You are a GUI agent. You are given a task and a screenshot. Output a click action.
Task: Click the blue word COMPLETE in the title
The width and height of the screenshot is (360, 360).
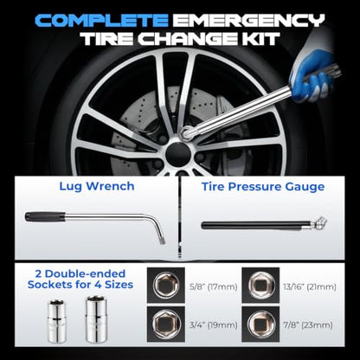[x=101, y=21]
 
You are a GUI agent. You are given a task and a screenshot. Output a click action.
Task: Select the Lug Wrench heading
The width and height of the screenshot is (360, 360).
[x=97, y=186]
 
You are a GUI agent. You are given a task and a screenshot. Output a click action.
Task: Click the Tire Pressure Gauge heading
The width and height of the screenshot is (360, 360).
[x=263, y=187]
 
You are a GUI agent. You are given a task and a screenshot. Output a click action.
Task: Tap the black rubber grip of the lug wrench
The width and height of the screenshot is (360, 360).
[x=45, y=216]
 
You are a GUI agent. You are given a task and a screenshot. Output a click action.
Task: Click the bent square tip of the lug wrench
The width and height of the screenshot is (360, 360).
[x=162, y=240]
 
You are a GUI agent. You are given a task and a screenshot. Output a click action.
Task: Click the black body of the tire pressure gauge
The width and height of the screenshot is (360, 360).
[x=251, y=225]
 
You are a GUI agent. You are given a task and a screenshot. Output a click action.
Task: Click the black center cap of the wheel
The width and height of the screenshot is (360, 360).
[x=178, y=154]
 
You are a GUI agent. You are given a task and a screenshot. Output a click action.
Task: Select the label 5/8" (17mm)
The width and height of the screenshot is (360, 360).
[x=214, y=287]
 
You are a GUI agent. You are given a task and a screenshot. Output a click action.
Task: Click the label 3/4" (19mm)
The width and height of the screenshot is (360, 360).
[x=214, y=325]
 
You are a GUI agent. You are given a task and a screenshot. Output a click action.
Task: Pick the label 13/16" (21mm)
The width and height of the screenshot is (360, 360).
[x=310, y=287]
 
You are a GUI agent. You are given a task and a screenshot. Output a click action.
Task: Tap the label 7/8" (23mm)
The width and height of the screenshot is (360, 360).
[x=308, y=325]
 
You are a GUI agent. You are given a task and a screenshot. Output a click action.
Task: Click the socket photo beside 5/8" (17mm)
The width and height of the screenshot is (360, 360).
[x=166, y=286]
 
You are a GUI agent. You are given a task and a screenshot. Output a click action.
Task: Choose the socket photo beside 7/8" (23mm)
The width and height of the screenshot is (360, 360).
[x=260, y=324]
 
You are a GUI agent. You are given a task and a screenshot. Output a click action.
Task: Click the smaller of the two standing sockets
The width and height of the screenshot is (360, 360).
[x=57, y=321]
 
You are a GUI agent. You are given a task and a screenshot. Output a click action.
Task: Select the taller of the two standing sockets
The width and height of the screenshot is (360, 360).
[x=96, y=319]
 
